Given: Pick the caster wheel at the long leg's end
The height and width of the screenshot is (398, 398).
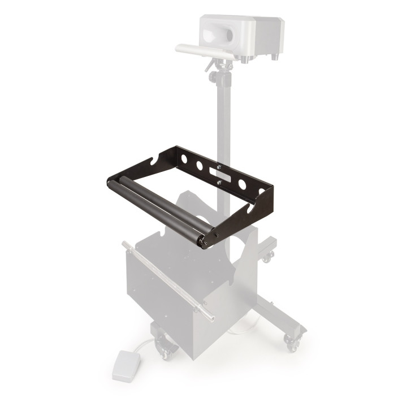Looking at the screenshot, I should (292, 343).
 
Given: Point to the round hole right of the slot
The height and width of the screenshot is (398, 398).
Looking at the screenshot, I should (242, 184).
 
